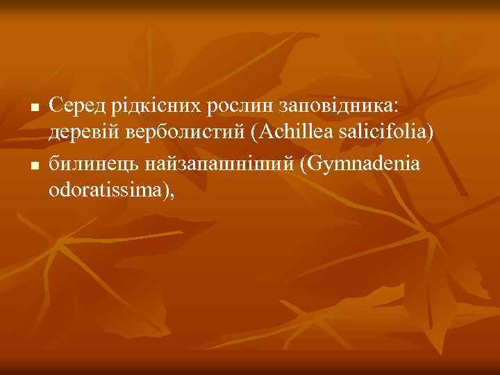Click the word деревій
pos(80,133)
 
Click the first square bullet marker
pos(33,108)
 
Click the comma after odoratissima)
pos(171,194)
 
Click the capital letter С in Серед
pos(56,106)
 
